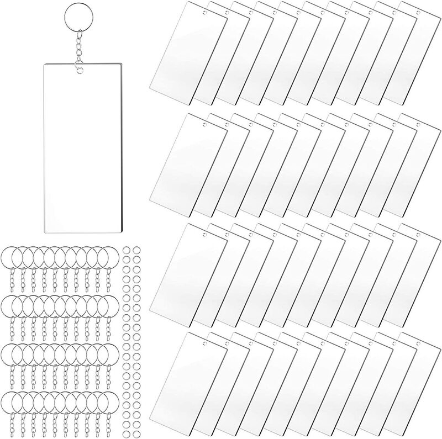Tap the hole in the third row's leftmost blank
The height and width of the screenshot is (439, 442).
(203, 235)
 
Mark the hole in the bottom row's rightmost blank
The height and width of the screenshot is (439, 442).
(418, 346)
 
